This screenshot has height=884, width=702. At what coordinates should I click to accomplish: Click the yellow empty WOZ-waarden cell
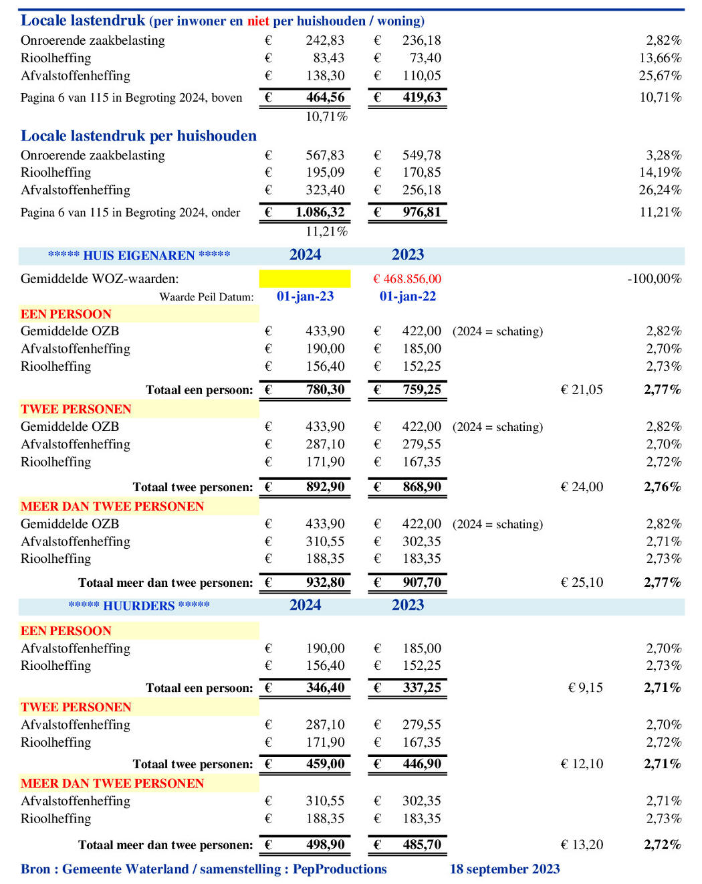tap(304, 278)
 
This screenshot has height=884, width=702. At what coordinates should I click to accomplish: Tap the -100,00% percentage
tap(654, 279)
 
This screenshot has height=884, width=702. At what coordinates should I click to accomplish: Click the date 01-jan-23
tap(305, 296)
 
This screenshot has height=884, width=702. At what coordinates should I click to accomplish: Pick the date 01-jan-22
tap(407, 296)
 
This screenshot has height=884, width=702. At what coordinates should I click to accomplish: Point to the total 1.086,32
tap(320, 212)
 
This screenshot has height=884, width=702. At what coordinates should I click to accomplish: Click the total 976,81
tap(421, 212)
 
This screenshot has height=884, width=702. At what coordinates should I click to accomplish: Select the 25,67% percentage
tap(660, 76)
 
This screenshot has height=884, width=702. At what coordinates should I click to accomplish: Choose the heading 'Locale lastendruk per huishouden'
tap(138, 136)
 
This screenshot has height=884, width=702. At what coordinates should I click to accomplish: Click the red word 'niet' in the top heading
tap(258, 21)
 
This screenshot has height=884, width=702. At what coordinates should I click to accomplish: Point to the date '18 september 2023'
tap(505, 869)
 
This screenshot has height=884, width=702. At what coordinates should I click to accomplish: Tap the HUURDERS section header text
tap(139, 606)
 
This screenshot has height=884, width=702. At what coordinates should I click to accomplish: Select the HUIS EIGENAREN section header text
tap(139, 255)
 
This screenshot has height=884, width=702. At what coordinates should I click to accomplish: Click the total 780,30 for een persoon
tap(325, 389)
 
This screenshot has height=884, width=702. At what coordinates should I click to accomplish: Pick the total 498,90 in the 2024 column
tap(325, 845)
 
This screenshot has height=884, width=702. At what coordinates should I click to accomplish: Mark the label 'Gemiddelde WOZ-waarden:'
tap(100, 279)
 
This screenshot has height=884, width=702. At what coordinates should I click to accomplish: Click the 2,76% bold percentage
tap(662, 487)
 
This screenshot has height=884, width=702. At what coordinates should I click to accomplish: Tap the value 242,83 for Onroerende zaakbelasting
tap(325, 40)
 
